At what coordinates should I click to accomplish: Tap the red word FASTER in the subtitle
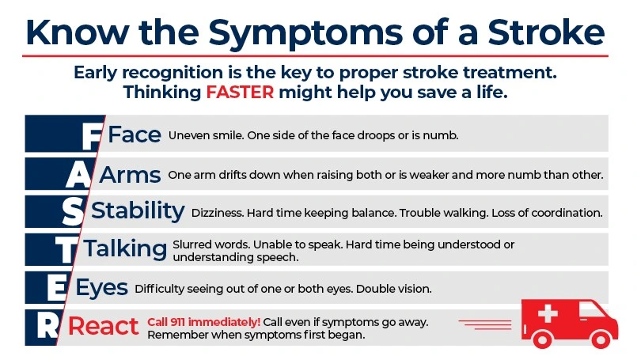tap(241, 92)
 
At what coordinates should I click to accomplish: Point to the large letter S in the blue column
tap(72, 211)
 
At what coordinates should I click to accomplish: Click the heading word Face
tap(135, 135)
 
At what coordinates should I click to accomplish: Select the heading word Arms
tap(130, 173)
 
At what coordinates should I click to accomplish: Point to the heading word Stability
tap(138, 211)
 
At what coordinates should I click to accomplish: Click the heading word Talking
tap(126, 249)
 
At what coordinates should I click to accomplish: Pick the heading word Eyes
tap(101, 288)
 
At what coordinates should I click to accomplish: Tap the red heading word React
tap(104, 326)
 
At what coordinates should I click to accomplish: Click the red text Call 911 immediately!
tap(204, 321)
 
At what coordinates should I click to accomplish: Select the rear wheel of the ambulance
tap(542, 339)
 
